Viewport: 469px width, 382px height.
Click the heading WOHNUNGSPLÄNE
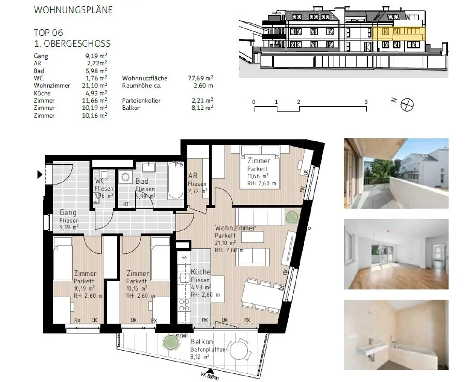coord(73,10)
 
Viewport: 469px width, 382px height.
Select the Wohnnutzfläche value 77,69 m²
coord(200,78)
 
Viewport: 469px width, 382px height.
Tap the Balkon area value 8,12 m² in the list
coord(202,108)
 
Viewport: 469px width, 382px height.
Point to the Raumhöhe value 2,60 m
coord(203,86)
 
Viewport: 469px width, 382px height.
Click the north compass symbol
coord(407,105)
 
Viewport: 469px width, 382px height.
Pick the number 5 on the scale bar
coord(366,102)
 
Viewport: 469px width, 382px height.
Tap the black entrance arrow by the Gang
coord(40,174)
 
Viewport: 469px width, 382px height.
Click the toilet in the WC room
coord(104,175)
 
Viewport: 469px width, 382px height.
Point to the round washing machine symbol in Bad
coord(125,177)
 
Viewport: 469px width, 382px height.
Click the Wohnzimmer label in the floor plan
coord(235,228)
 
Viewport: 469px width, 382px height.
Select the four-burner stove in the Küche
coord(184,305)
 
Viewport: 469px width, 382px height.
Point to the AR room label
coord(193,176)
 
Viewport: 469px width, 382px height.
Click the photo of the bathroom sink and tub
coord(396,335)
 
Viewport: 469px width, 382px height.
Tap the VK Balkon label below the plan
coord(209,376)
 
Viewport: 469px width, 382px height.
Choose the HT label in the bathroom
coord(126,204)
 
